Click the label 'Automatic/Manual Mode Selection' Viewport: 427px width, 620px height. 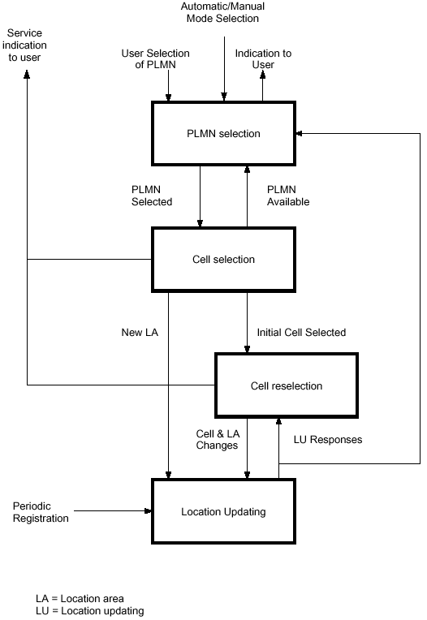222,12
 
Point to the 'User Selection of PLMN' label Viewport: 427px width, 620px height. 155,59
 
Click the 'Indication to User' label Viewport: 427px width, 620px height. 263,59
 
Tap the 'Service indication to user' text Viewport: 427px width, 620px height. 24,45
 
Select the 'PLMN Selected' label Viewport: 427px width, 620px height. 152,196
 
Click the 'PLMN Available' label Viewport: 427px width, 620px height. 288,196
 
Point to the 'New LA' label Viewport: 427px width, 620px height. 140,332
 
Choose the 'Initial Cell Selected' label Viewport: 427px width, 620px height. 301,332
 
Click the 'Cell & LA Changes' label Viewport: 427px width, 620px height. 218,439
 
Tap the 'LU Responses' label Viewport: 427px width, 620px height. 328,440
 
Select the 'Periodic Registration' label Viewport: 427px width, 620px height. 41,512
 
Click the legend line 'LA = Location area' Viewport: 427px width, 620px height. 80,599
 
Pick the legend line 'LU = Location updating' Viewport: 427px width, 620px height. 90,611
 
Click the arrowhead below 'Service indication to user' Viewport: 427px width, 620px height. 27,75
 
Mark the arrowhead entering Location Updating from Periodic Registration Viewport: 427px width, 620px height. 148,511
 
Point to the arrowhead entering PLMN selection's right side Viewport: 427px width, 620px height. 300,134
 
